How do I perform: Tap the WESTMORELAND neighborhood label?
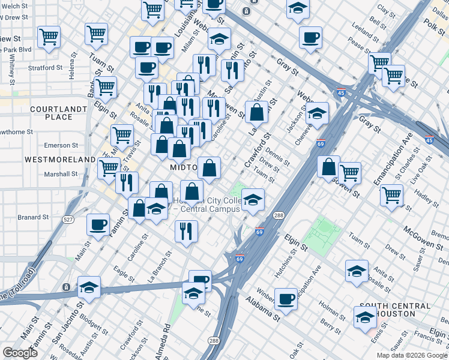tap(60, 160)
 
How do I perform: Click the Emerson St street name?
tap(61, 145)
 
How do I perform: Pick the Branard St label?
tap(33, 217)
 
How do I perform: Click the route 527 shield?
tap(69, 220)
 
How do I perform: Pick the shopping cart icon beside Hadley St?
tap(391, 194)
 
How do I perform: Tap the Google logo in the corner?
tap(20, 353)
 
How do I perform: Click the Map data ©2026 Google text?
tap(412, 355)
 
